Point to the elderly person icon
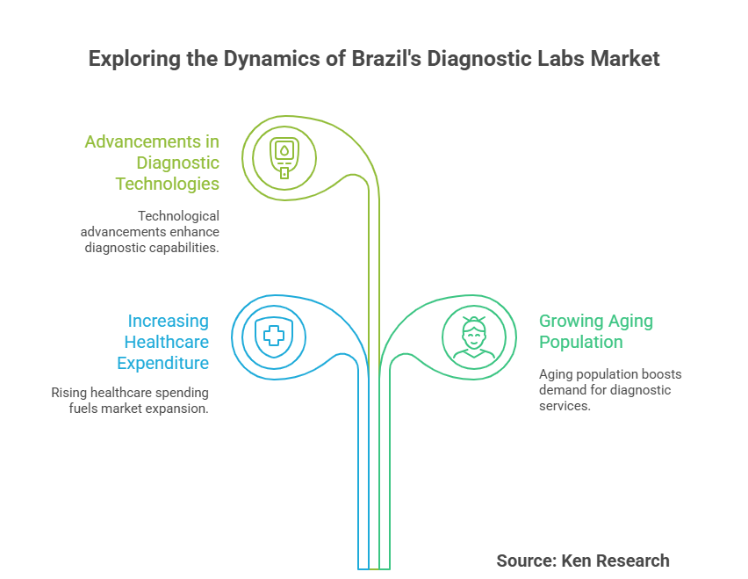coord(474,337)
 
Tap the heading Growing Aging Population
coord(595,331)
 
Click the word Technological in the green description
coord(178,215)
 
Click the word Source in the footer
coord(522,561)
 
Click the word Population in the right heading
coord(581,342)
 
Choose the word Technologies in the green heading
coord(168,184)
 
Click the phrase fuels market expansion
coord(139,409)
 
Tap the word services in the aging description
coord(564,406)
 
